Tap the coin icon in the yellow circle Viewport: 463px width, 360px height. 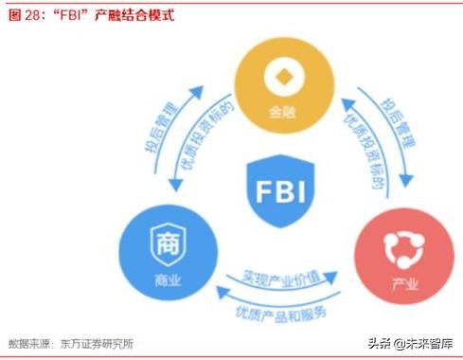pyautogui.click(x=279, y=76)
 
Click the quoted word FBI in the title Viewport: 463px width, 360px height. pyautogui.click(x=71, y=16)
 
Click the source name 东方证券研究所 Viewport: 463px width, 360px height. pyautogui.click(x=97, y=343)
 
